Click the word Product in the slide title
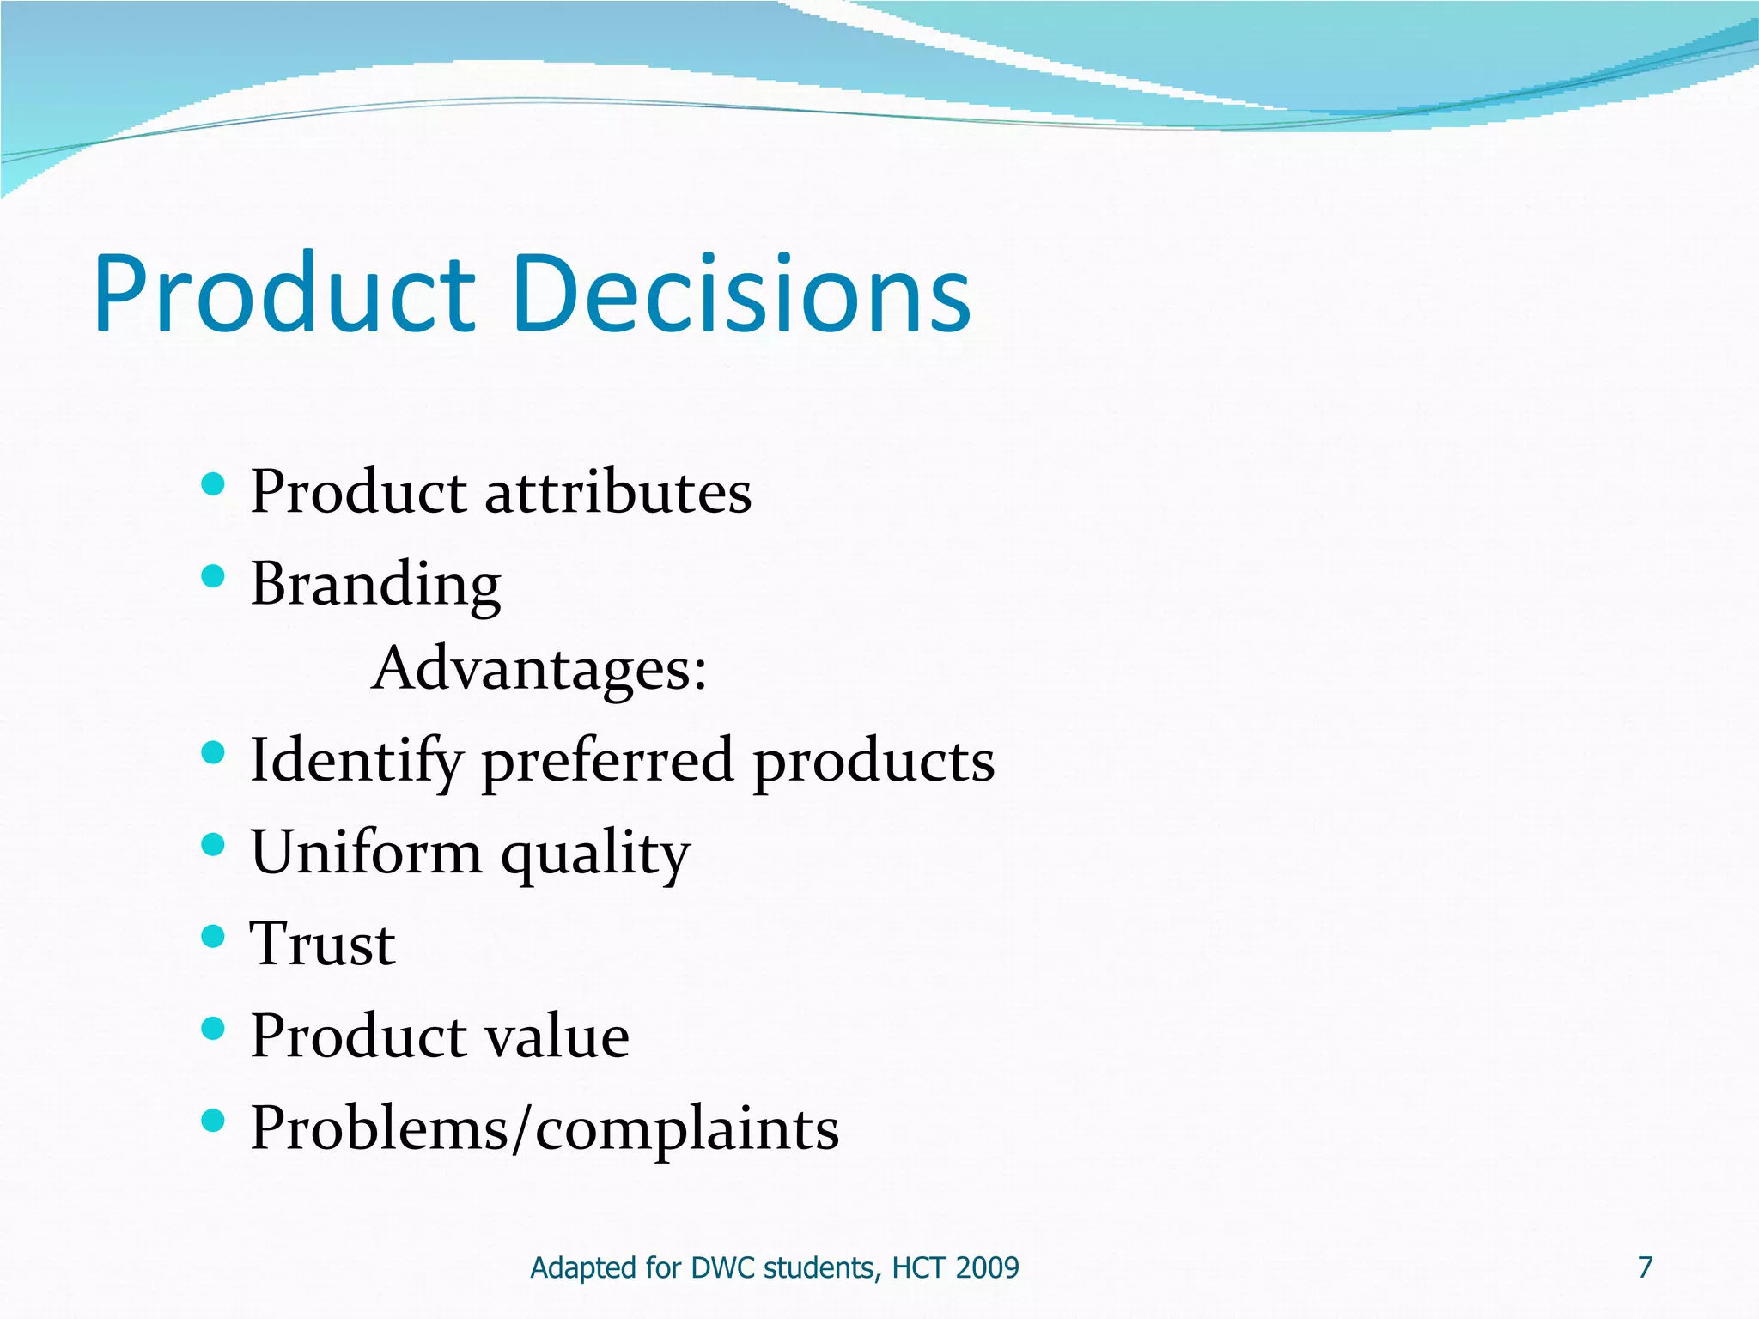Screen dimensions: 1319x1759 (x=284, y=294)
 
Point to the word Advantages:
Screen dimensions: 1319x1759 (x=539, y=669)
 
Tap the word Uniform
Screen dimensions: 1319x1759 (x=366, y=853)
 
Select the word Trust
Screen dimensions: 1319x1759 (x=322, y=945)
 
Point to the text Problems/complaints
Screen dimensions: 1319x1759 (x=545, y=1128)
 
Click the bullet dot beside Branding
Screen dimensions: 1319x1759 (x=213, y=575)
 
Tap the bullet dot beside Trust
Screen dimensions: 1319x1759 (x=213, y=935)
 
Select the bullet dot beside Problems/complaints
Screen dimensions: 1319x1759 (x=213, y=1119)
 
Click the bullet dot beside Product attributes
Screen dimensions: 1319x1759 (x=213, y=484)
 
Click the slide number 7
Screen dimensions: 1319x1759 (x=1645, y=1267)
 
